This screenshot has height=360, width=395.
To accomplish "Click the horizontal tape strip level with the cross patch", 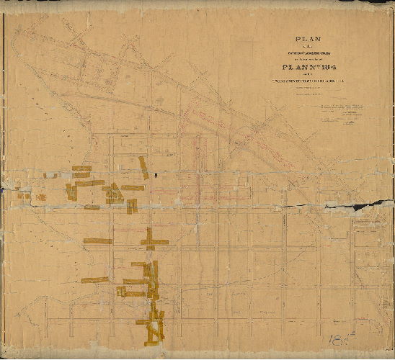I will tap(97, 241).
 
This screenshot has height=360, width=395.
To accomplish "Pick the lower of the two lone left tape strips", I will tap(94, 280).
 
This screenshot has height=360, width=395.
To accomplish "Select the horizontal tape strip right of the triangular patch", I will tap(133, 188).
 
